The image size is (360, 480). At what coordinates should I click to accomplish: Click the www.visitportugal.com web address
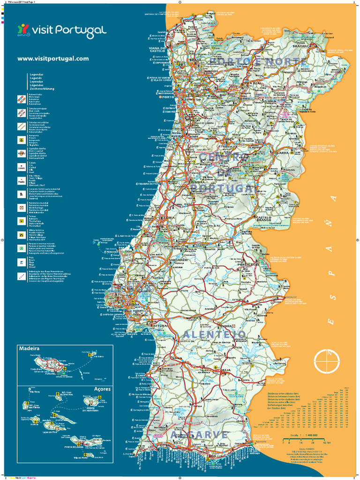coord(53,59)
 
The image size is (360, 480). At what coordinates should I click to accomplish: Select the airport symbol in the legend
coord(21,139)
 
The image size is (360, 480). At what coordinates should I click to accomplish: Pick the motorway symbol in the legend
coord(21,98)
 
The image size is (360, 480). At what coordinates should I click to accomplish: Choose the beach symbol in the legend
coord(21,262)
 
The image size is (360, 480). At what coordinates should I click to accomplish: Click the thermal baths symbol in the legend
coord(21,221)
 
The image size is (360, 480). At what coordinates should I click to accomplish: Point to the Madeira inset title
coord(29,349)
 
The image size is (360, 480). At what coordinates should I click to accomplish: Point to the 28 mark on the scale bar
coord(310,442)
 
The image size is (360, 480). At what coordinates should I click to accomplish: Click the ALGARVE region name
coord(199,435)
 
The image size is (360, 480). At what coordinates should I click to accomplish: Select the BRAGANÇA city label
coord(302,46)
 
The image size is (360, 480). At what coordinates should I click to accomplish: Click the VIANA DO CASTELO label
coord(158,49)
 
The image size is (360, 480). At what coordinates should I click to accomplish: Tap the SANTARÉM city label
coord(178,260)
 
